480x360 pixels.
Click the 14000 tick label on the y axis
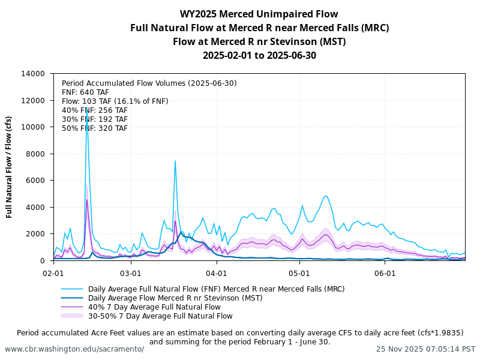(x=33, y=74)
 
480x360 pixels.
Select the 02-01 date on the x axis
(x=53, y=272)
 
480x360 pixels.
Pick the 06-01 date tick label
(x=385, y=272)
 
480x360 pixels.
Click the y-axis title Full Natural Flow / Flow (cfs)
(x=10, y=167)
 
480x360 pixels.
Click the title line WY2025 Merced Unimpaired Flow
(x=259, y=14)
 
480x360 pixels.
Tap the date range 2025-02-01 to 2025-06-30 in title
(x=259, y=56)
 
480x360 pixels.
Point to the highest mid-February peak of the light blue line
(x=86, y=108)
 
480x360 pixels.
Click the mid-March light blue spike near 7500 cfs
(x=175, y=160)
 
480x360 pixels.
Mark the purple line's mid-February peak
(x=87, y=199)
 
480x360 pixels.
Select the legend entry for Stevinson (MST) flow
(x=175, y=298)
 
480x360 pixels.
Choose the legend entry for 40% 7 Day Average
(x=154, y=307)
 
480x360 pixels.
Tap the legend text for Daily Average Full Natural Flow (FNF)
(x=216, y=289)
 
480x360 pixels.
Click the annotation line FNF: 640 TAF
(x=86, y=92)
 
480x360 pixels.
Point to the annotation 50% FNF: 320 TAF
(x=95, y=128)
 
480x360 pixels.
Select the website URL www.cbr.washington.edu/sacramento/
(x=74, y=349)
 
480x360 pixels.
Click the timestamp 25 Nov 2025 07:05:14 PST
(x=425, y=349)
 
